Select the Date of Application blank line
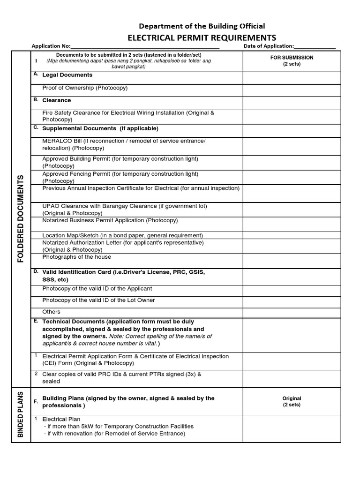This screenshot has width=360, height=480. coord(315,46)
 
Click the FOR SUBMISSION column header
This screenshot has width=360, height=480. coord(292,60)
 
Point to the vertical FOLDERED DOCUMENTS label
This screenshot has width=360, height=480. coord(21,218)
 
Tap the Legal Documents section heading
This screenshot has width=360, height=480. coord(67,75)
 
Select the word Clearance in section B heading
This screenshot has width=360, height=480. coord(57,100)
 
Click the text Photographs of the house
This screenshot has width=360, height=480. coord(77,257)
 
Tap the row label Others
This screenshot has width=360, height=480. coord(51,312)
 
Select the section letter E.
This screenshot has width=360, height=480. coord(36,321)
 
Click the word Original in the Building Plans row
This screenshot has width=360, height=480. coord(292,398)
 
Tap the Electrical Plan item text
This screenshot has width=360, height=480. coord(61,419)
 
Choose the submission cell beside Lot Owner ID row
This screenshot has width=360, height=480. coord(292,300)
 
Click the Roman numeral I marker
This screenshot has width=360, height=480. coord(36,60)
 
